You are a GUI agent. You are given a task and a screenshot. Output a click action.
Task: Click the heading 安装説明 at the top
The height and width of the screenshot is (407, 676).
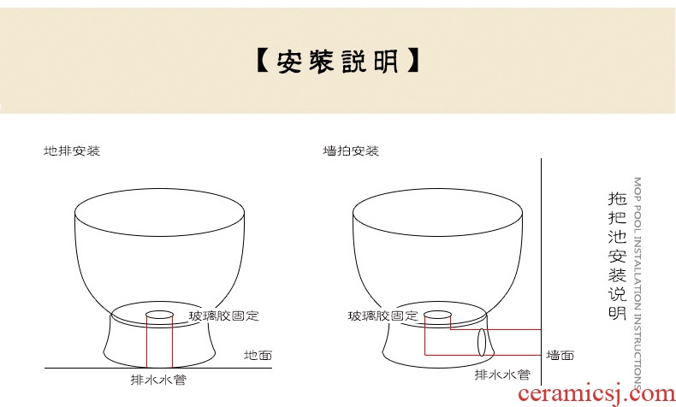pyautogui.click(x=337, y=61)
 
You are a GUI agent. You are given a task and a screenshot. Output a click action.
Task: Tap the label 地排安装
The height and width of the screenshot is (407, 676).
pyautogui.click(x=72, y=150)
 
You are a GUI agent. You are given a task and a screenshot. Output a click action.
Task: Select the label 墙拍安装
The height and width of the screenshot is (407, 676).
pyautogui.click(x=351, y=150)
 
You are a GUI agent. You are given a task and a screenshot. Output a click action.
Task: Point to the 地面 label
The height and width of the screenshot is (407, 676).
pyautogui.click(x=258, y=356)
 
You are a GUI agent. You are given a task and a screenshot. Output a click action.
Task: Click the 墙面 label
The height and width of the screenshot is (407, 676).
pyautogui.click(x=560, y=356)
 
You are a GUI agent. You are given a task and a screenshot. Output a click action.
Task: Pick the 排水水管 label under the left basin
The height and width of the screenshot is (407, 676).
pyautogui.click(x=158, y=380)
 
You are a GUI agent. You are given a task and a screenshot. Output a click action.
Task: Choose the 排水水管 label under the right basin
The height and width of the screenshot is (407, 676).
pyautogui.click(x=502, y=375)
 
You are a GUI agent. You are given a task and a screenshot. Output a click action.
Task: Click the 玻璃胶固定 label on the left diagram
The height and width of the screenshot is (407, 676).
pyautogui.click(x=223, y=316)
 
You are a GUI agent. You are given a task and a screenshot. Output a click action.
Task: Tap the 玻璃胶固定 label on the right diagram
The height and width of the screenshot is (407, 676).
pyautogui.click(x=382, y=316)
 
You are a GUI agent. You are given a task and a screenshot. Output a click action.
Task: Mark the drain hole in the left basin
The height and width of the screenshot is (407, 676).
pyautogui.click(x=159, y=315)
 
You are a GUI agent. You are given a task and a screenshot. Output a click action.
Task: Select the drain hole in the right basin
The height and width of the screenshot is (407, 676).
pyautogui.click(x=437, y=315)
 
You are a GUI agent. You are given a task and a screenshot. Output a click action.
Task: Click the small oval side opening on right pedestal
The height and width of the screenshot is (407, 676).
pyautogui.click(x=482, y=342)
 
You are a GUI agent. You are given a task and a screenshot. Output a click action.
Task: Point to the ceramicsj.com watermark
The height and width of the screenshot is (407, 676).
pyautogui.click(x=596, y=393)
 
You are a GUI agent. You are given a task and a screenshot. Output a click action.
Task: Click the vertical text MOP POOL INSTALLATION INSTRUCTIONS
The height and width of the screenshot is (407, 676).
pyautogui.click(x=637, y=283)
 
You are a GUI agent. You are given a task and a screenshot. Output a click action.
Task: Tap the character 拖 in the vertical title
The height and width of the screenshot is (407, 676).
pyautogui.click(x=617, y=198)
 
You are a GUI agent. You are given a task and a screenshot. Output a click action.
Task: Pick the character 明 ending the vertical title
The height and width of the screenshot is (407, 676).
pyautogui.click(x=617, y=311)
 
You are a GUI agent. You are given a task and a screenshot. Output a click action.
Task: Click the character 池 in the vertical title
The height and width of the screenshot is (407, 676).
pyautogui.click(x=617, y=237)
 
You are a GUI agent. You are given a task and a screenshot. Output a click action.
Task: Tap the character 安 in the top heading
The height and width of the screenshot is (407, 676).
pyautogui.click(x=289, y=62)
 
